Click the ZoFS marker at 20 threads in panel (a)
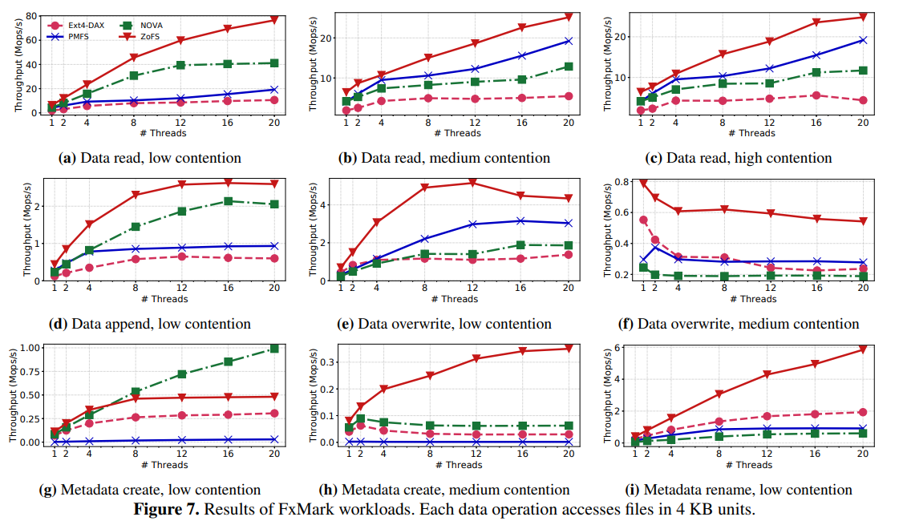click(x=274, y=19)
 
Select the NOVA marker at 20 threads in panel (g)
click(x=274, y=349)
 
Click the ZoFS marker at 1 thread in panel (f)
click(x=643, y=184)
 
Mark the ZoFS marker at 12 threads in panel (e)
click(x=473, y=183)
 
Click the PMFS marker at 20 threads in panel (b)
click(x=569, y=41)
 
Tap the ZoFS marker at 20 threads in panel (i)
click(x=864, y=349)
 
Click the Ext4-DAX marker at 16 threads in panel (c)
click(x=816, y=95)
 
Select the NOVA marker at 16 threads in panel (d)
click(x=229, y=201)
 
